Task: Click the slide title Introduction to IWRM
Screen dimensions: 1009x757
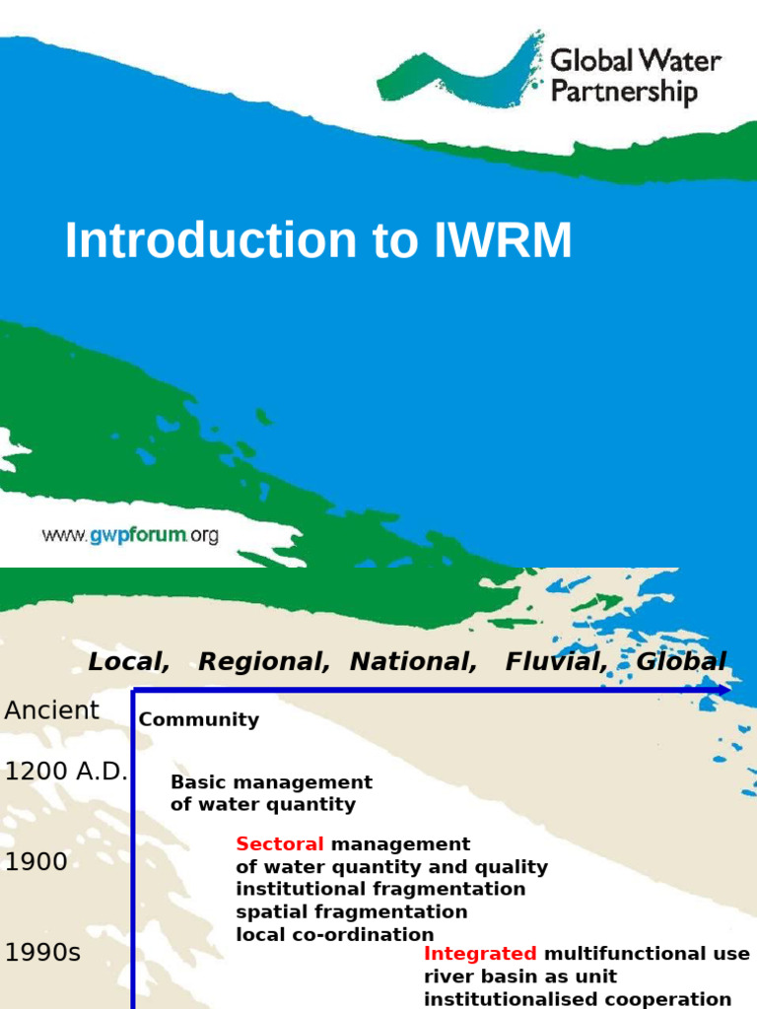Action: point(317,241)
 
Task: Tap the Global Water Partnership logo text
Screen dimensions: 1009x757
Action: point(634,77)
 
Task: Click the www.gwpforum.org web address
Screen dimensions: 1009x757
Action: point(129,536)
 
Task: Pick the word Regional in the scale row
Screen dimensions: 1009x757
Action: point(263,662)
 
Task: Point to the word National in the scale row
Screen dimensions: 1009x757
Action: point(414,662)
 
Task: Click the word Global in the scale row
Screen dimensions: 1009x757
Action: point(681,662)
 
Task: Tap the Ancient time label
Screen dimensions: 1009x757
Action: point(52,710)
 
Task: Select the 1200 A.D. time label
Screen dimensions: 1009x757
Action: point(66,772)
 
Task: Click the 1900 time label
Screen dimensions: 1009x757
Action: point(36,862)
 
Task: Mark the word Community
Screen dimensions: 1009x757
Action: point(199,719)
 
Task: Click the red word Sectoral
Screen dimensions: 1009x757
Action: point(280,844)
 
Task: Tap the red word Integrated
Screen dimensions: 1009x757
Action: point(480,954)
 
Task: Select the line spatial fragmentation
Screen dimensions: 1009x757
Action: point(352,911)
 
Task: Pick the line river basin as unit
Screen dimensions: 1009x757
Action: point(520,976)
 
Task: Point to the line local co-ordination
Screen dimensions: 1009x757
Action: point(335,934)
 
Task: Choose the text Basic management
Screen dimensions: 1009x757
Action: point(271,782)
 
